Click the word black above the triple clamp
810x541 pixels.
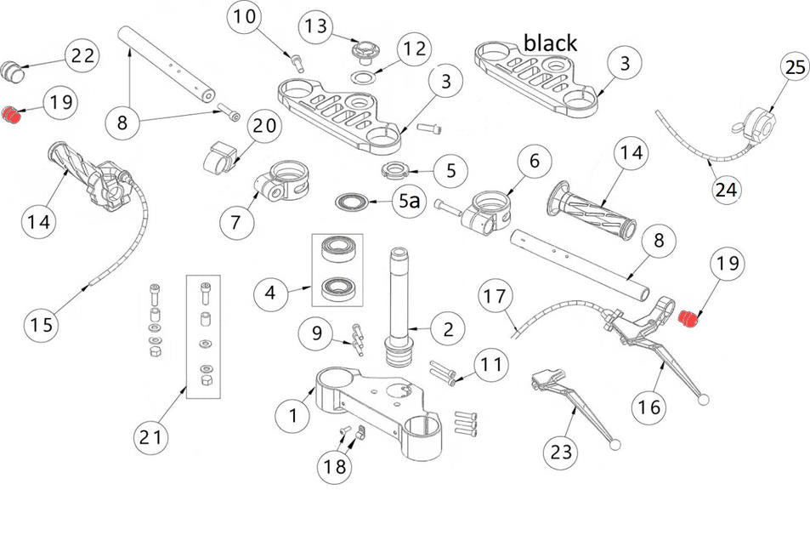[550, 43]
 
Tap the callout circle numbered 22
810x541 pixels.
[82, 56]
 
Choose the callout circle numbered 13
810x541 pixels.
[315, 26]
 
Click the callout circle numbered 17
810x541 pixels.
[496, 298]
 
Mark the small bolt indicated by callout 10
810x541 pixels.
[296, 61]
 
